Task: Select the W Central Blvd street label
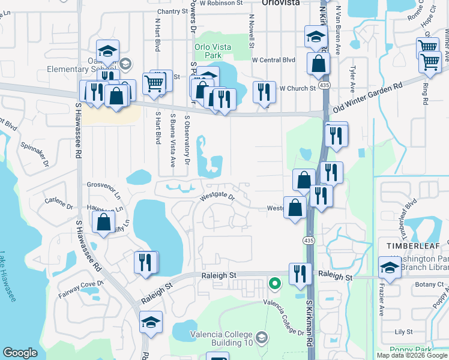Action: click(x=274, y=60)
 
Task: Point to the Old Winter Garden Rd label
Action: click(x=368, y=97)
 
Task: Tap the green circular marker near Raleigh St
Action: click(x=274, y=282)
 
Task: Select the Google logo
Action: click(x=20, y=353)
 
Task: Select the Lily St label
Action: click(x=403, y=331)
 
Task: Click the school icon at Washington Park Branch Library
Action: click(x=390, y=267)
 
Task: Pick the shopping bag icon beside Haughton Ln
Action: click(x=104, y=221)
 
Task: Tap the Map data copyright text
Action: click(x=411, y=355)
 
